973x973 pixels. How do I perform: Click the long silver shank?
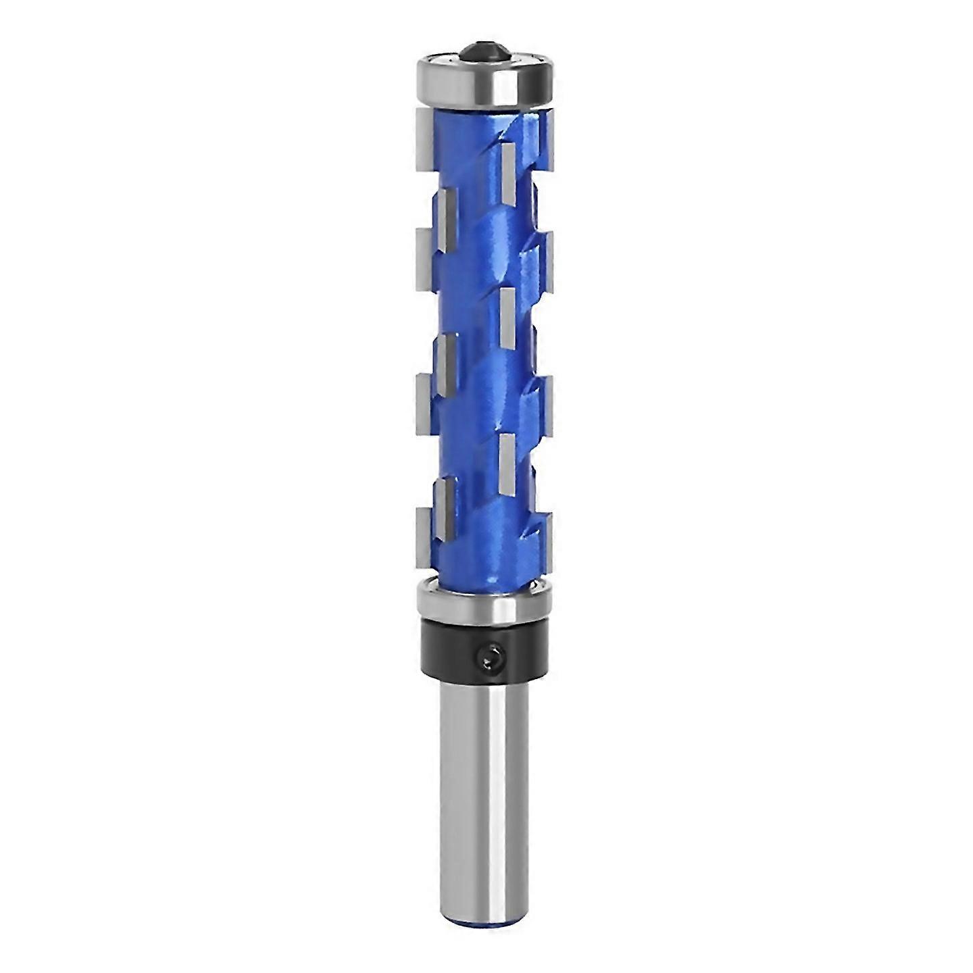coord(485,777)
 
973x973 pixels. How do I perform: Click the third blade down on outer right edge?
coord(549,399)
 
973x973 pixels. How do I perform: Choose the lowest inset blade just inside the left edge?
coord(443,497)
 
